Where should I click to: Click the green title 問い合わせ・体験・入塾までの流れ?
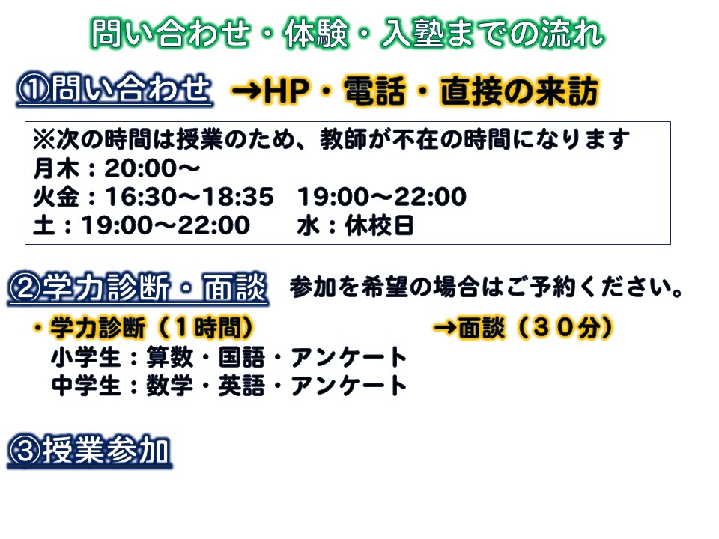click(x=348, y=34)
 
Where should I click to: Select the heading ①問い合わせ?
click(x=115, y=88)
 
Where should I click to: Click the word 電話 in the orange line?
click(x=374, y=91)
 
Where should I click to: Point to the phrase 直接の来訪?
click(x=520, y=91)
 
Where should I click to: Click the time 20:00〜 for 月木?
click(x=152, y=168)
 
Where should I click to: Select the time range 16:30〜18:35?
click(x=189, y=197)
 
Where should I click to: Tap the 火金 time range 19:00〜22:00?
click(x=382, y=197)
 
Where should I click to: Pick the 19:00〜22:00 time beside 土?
click(x=166, y=225)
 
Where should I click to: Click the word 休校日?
click(x=379, y=225)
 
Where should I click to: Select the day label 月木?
click(x=56, y=168)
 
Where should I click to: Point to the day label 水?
click(x=309, y=225)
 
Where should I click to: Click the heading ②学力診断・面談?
click(x=138, y=288)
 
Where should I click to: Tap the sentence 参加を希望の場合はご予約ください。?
click(x=487, y=287)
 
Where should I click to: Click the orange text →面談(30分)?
click(x=524, y=328)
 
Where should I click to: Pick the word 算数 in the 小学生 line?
click(x=170, y=358)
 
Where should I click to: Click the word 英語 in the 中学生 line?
click(x=242, y=386)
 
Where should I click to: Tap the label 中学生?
click(x=85, y=386)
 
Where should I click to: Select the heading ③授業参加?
click(x=89, y=451)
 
